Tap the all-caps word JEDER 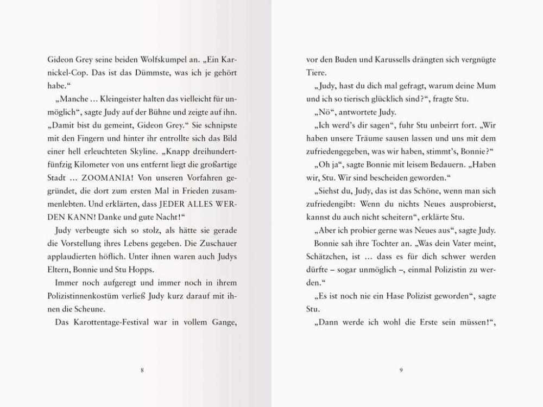point(176,204)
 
